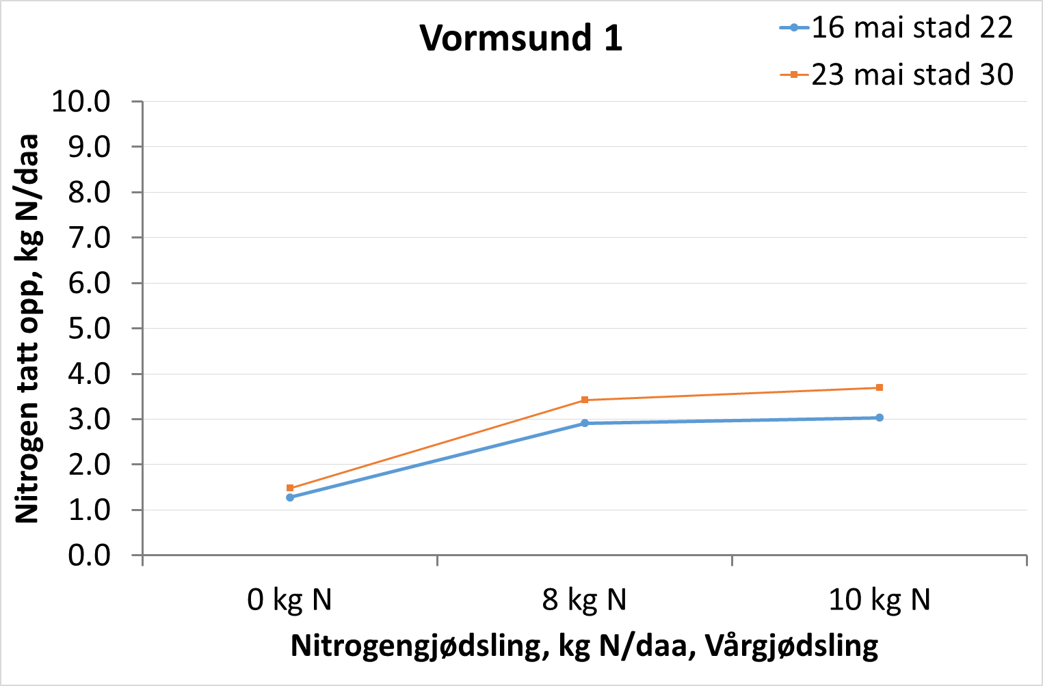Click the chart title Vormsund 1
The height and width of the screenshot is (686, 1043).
click(x=521, y=38)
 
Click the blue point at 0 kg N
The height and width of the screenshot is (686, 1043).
click(x=290, y=497)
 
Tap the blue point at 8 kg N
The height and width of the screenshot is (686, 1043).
click(x=585, y=423)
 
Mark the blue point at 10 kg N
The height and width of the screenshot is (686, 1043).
click(x=880, y=417)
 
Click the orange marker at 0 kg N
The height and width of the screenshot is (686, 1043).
click(x=290, y=488)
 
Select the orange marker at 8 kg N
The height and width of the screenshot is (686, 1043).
click(x=585, y=400)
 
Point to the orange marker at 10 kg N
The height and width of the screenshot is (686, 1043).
click(x=880, y=387)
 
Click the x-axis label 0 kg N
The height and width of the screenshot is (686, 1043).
click(x=290, y=600)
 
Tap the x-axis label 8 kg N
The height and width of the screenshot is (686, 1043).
click(x=585, y=600)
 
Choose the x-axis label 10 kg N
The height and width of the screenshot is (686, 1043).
click(x=880, y=600)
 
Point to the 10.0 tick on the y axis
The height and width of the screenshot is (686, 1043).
click(x=81, y=102)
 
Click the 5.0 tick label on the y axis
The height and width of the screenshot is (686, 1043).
click(x=89, y=329)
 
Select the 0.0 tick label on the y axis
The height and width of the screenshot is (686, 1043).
click(x=89, y=555)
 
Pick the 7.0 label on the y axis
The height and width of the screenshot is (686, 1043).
click(x=89, y=238)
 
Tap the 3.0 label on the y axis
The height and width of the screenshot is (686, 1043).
click(x=89, y=420)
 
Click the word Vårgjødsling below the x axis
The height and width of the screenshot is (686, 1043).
click(x=791, y=646)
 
